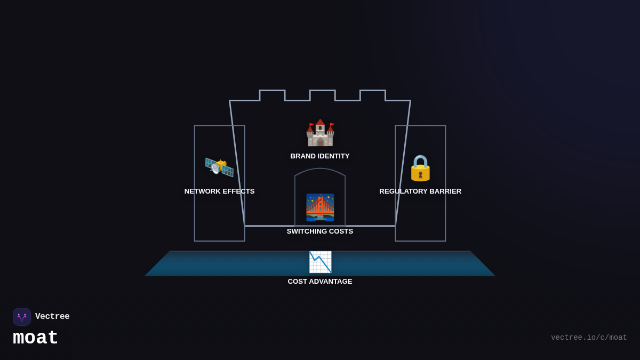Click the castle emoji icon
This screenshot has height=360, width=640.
320,133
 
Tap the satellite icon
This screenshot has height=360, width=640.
219,166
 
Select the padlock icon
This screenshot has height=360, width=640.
420,168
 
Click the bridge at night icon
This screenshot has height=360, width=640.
320,207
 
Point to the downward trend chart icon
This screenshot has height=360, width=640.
320,262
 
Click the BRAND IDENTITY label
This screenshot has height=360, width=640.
320,156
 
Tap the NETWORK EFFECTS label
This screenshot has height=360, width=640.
219,191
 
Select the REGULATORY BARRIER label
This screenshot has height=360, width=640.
420,191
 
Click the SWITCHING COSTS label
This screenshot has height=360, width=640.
320,231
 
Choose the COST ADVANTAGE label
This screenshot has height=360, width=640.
320,282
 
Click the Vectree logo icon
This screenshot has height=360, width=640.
22,317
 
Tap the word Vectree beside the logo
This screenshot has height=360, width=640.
52,317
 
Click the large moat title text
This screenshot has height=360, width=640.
35,338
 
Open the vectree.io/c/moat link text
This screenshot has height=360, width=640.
589,338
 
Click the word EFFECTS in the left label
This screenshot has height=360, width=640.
238,191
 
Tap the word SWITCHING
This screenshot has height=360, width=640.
306,231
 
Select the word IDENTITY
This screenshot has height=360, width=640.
334,156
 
